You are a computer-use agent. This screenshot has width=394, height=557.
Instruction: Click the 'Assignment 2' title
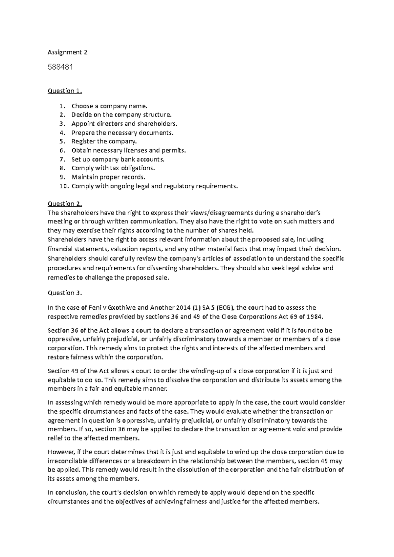coord(67,52)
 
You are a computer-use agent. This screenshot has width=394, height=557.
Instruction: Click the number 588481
coord(60,67)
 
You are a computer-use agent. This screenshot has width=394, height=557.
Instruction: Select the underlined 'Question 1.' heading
coord(65,91)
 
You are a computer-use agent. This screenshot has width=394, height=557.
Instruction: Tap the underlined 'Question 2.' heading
coord(65,204)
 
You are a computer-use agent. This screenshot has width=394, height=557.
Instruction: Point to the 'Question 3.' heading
coord(65,293)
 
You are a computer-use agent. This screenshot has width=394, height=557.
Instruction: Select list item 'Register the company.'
coord(104,141)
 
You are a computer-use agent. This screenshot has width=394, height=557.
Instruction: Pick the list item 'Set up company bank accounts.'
coord(118,159)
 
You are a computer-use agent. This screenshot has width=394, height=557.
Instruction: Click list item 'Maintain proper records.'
coord(108,177)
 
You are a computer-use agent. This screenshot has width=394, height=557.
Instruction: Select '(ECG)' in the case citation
coord(224,308)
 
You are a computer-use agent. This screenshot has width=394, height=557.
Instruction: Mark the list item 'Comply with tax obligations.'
coord(113,168)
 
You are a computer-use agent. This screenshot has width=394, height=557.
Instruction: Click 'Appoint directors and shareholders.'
coord(124,124)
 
